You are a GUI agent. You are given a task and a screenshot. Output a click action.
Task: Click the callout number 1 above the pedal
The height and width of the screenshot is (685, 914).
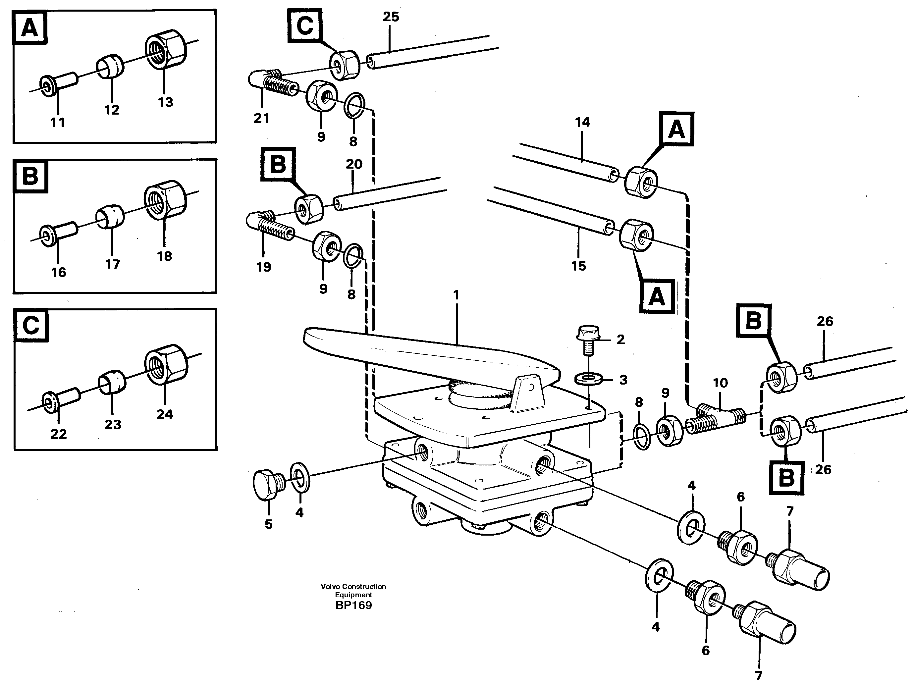[x=456, y=295]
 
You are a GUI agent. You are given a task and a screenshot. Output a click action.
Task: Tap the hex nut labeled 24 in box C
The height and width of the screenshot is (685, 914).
[x=166, y=364]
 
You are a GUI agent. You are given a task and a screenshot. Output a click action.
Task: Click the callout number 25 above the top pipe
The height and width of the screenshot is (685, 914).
[x=391, y=17]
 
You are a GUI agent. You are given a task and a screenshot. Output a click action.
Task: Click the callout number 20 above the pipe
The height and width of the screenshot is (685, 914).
[x=354, y=164]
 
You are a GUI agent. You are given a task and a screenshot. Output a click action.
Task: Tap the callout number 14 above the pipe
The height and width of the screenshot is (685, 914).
[x=582, y=122]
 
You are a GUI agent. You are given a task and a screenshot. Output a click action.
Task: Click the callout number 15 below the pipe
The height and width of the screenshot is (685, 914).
[x=578, y=266]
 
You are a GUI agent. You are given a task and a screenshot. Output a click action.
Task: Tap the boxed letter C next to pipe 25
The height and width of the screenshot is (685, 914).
[x=305, y=26]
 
